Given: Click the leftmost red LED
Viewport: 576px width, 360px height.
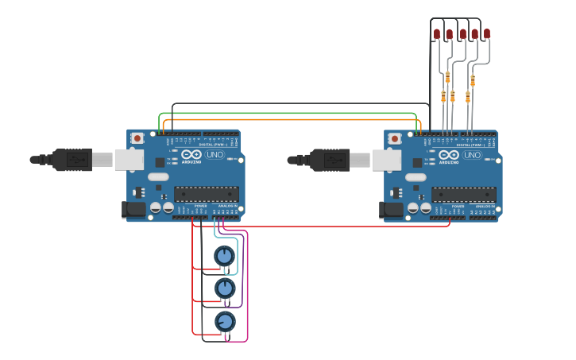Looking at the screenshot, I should (x=436, y=33).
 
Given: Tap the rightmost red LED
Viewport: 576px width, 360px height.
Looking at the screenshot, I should (x=487, y=33).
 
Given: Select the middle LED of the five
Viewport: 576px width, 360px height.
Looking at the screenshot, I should (x=463, y=33).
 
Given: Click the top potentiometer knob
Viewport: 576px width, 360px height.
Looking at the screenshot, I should (x=225, y=256).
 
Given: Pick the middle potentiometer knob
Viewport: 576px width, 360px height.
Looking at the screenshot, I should (x=225, y=288).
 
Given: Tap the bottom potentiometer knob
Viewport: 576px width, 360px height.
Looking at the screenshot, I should (x=225, y=321).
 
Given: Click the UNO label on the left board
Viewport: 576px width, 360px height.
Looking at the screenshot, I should (x=215, y=155).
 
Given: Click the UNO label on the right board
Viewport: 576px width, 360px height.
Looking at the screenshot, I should (x=472, y=155).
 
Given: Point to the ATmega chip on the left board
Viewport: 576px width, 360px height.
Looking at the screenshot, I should (x=206, y=194).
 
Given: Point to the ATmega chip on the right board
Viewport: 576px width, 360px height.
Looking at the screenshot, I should (x=463, y=194).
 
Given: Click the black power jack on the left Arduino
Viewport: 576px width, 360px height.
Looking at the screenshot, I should (x=134, y=209).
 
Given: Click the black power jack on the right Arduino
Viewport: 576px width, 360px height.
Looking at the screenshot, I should (x=392, y=209).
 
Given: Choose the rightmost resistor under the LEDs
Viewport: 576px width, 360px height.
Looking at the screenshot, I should (x=473, y=80).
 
